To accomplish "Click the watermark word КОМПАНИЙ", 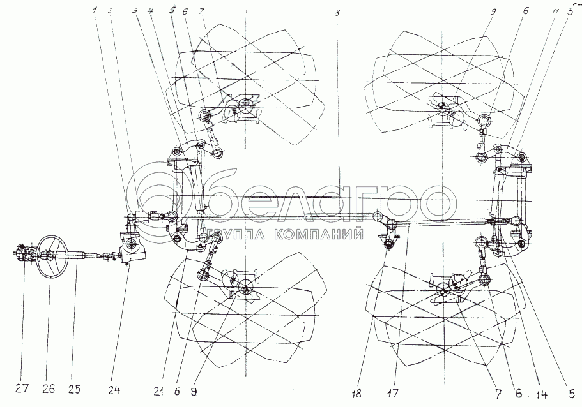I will (x=315, y=234).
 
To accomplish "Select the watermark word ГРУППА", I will (x=238, y=234).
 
